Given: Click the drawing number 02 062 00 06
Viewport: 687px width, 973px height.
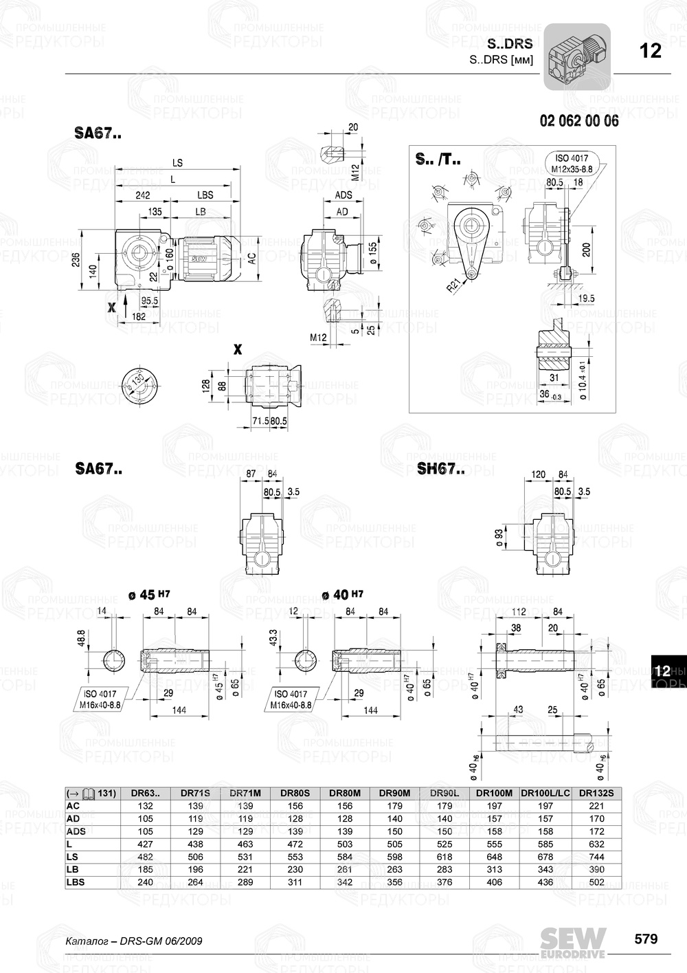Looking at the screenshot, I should click(579, 121).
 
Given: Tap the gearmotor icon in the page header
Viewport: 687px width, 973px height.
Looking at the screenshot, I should click(577, 56).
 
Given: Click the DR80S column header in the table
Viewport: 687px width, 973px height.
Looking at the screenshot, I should click(295, 793).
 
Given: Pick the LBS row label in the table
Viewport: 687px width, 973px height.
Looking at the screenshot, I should click(76, 882).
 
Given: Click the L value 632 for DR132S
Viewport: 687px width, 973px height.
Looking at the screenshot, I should click(596, 844).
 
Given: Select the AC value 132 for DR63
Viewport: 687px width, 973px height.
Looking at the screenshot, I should click(146, 806).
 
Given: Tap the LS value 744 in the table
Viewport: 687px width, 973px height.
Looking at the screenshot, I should click(596, 857).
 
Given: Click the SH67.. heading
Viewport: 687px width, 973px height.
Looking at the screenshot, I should click(440, 470).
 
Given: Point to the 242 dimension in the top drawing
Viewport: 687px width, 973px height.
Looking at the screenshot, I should click(142, 195).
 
